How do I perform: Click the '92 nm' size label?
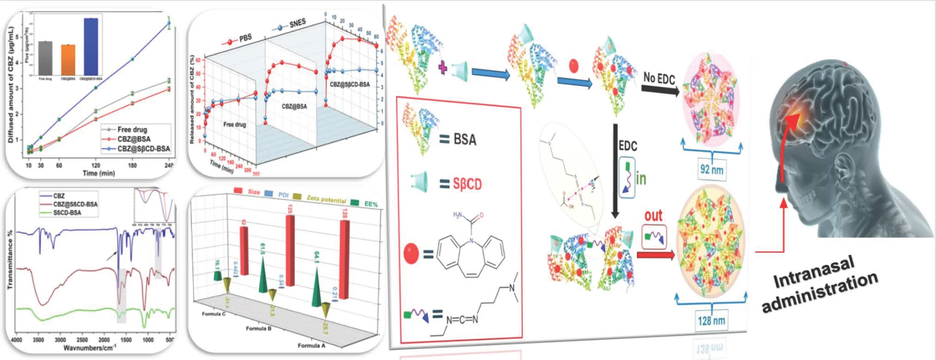711,170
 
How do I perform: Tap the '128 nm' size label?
711,320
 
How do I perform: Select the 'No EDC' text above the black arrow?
659,79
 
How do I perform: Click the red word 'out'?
654,215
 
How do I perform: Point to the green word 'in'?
641,178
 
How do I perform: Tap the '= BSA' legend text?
458,139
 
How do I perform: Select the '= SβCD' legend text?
460,184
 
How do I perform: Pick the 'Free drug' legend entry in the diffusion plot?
132,129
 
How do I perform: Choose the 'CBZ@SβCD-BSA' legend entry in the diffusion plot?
143,149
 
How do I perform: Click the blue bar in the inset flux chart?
91,46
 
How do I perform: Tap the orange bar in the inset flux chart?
68,60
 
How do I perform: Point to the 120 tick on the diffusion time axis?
95,165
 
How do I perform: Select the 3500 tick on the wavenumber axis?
38,340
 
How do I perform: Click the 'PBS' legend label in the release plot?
245,38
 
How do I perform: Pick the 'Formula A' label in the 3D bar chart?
312,345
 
